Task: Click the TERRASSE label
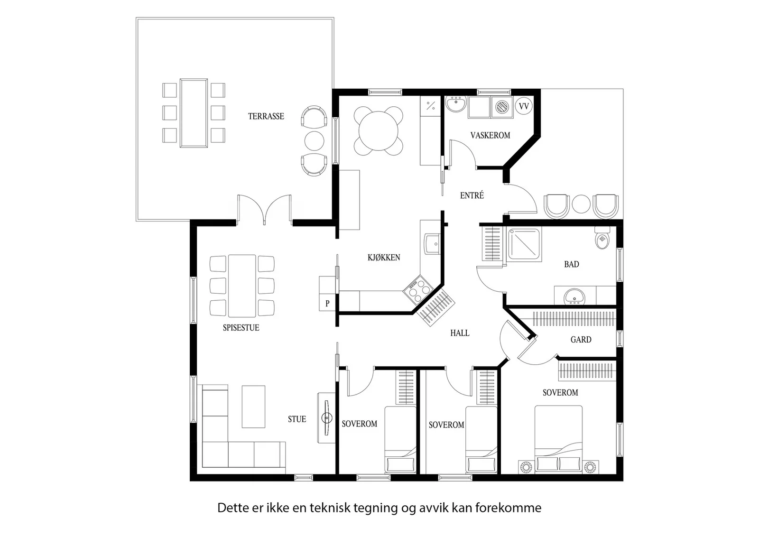266,116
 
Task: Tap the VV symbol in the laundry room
524,106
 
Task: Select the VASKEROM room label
490,135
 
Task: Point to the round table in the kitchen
379,131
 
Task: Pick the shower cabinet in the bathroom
524,244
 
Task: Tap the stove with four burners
418,290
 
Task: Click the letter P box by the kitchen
327,303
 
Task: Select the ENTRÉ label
472,195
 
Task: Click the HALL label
460,333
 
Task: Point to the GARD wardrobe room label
581,340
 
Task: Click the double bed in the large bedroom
558,439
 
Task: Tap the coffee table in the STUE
253,407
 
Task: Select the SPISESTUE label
241,328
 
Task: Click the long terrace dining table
194,113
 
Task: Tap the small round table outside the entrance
581,204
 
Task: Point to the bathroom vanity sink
574,297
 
